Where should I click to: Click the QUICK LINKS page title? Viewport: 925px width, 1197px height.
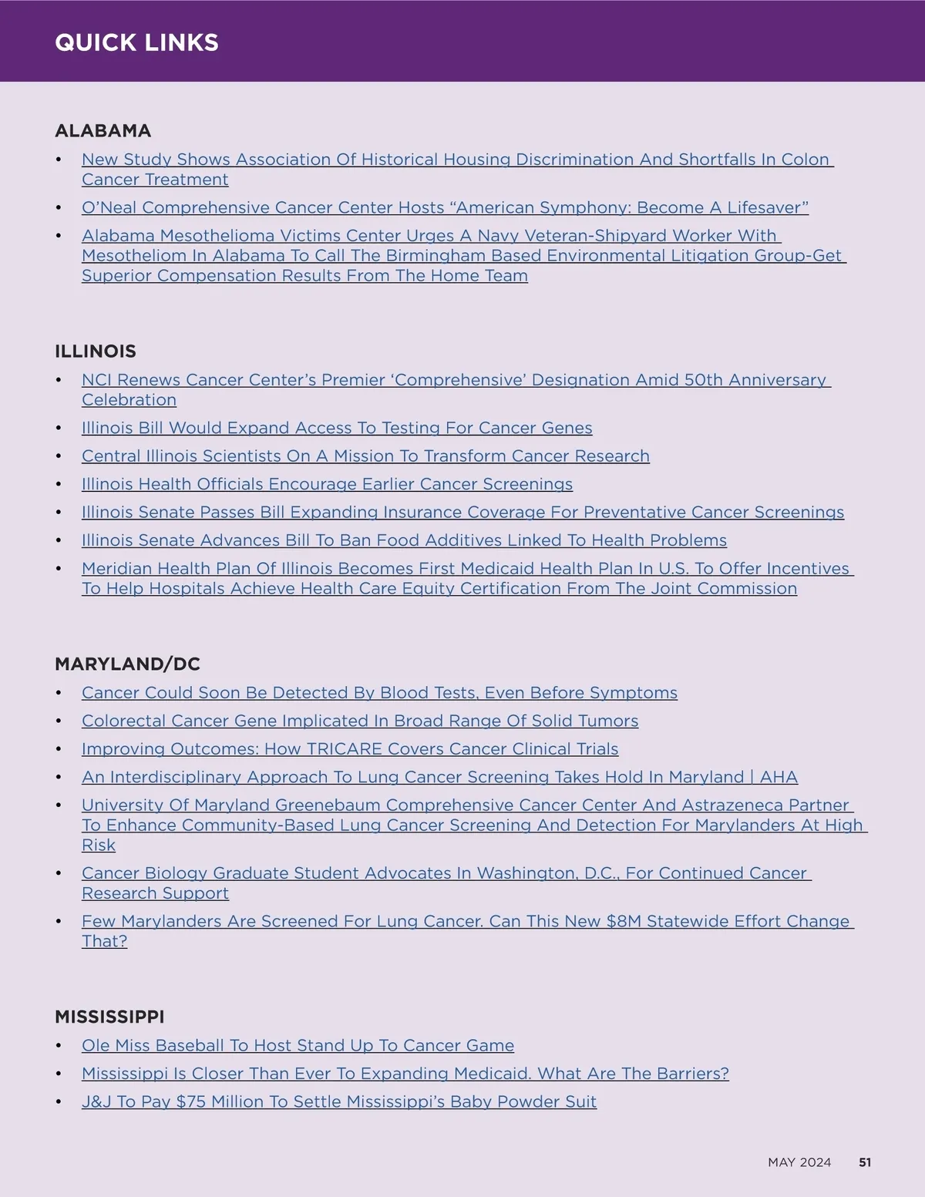click(x=136, y=42)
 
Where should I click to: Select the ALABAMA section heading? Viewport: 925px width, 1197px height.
click(x=103, y=131)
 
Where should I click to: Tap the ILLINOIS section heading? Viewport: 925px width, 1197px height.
click(x=95, y=351)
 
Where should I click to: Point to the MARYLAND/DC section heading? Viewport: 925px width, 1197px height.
click(x=127, y=664)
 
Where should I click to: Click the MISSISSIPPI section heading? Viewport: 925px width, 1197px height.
click(x=109, y=1017)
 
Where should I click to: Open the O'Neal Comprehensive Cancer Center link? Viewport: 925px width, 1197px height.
click(x=445, y=208)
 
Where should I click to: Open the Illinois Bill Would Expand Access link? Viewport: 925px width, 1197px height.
click(x=337, y=429)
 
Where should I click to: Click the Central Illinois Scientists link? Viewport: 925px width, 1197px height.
click(x=365, y=456)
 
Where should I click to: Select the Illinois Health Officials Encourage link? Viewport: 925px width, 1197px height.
click(x=327, y=485)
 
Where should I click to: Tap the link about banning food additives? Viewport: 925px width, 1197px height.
click(x=404, y=541)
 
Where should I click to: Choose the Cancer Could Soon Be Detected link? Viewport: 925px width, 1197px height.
click(x=379, y=693)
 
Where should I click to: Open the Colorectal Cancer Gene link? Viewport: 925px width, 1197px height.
click(x=360, y=721)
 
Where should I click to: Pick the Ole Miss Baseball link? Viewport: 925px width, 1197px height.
click(x=298, y=1046)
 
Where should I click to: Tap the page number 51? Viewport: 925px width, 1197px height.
click(x=865, y=1162)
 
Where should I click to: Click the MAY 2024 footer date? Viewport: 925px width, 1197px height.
click(x=799, y=1162)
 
